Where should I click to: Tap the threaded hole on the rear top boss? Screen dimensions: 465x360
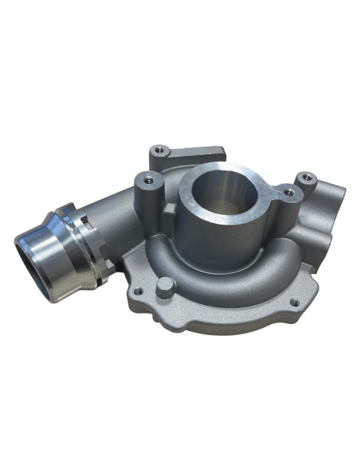[159, 149]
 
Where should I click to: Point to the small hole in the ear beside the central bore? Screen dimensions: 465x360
[288, 193]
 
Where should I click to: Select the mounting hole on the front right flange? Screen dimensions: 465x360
[294, 302]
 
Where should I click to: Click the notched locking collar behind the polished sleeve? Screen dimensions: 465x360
[89, 243]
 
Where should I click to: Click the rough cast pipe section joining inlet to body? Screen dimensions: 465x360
[115, 219]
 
